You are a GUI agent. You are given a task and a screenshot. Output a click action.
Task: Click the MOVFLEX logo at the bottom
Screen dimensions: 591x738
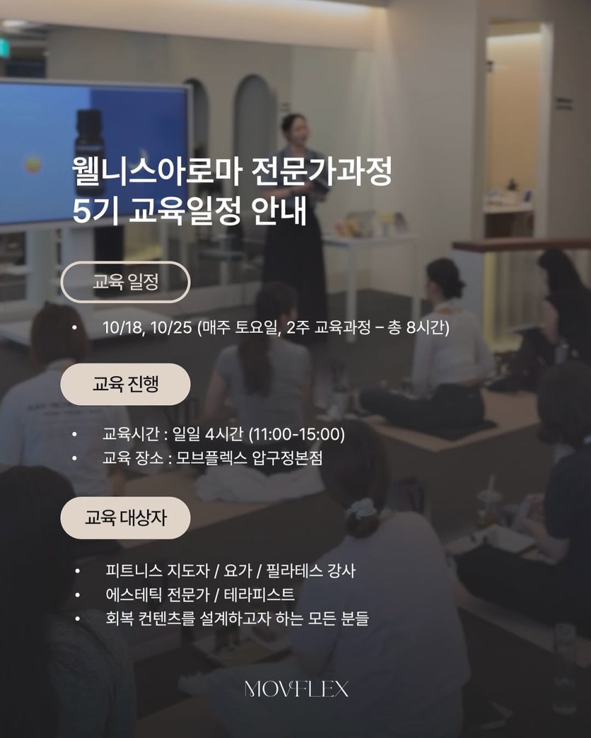(x=296, y=690)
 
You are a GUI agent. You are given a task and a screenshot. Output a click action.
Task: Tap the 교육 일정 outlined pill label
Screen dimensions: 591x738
(x=125, y=282)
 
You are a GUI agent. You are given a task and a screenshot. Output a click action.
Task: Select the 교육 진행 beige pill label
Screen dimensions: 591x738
(x=125, y=384)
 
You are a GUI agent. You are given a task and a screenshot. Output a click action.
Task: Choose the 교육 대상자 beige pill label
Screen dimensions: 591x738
(x=125, y=518)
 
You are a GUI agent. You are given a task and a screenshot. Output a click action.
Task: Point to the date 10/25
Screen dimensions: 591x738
(x=171, y=328)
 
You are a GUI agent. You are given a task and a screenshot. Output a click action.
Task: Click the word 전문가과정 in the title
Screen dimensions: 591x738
(x=322, y=172)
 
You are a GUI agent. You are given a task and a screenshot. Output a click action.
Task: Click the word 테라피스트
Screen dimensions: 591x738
(x=259, y=594)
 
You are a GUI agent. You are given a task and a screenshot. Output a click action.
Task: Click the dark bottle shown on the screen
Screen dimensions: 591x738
(x=89, y=152)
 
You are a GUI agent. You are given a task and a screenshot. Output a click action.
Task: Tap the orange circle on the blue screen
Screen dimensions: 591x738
(x=33, y=165)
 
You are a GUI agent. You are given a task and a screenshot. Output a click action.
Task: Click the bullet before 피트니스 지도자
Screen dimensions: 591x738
(x=78, y=572)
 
